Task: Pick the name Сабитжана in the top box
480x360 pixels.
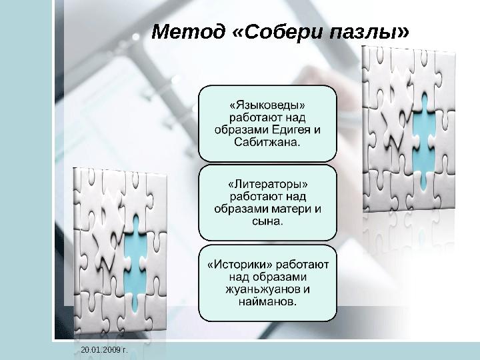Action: [267, 141]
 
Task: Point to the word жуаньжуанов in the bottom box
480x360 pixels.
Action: [259, 289]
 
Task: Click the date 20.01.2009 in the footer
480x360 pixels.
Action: [99, 349]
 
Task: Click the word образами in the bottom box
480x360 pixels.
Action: [275, 277]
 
